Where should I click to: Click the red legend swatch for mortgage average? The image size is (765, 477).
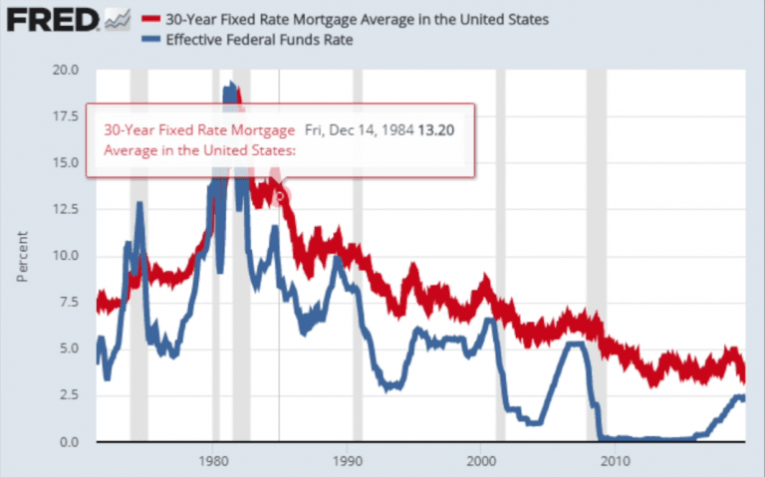coord(151,18)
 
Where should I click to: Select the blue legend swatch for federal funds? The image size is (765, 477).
coord(151,41)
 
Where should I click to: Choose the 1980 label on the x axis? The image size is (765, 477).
coord(214,461)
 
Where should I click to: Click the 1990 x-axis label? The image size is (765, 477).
coord(348,461)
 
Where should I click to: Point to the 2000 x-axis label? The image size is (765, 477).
coord(481,461)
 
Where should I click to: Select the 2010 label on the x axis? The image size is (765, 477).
coord(615,461)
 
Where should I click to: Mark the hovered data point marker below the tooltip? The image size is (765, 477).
coord(280,196)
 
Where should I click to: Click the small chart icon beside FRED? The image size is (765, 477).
coord(116,19)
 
